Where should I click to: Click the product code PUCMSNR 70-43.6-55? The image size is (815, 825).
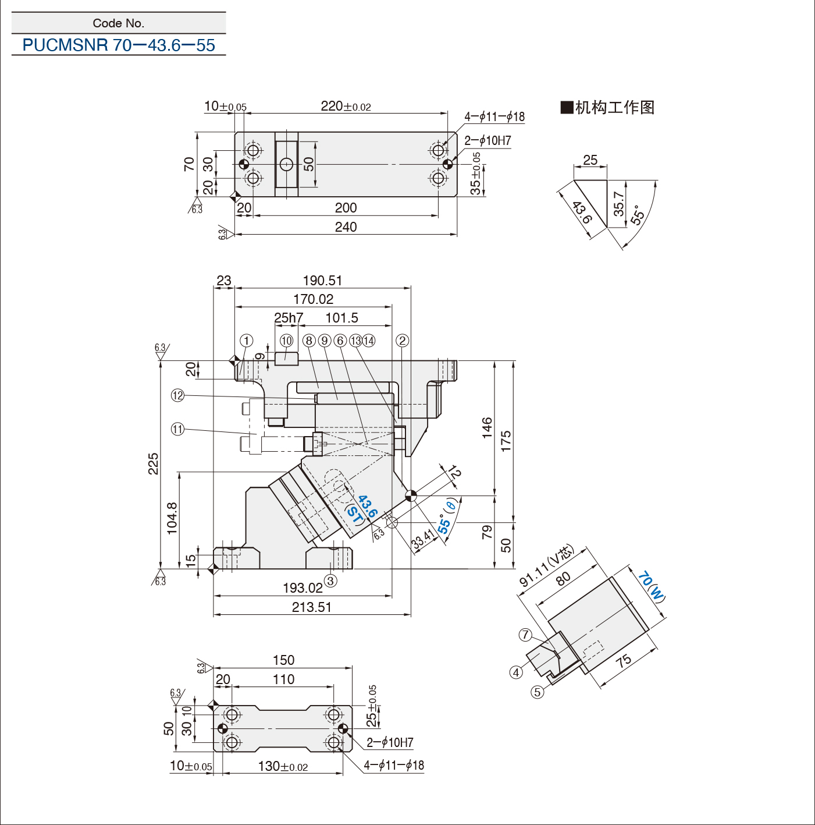pos(119,45)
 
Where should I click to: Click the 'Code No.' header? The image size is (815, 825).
pos(119,23)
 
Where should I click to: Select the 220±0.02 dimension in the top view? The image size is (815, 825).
pos(346,106)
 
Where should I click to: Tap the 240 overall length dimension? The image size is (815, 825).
pos(346,227)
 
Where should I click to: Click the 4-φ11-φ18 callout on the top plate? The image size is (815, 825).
pos(494,116)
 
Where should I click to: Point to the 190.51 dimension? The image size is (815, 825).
pos(323,281)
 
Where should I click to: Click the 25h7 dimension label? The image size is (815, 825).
pos(289,318)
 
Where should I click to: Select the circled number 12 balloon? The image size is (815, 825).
pos(177,395)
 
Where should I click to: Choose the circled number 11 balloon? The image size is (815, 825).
pos(177,429)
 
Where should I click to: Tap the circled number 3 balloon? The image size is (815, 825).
pos(330,580)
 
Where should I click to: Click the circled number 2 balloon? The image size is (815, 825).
pos(402,341)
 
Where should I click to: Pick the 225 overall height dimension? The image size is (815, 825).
pos(153,463)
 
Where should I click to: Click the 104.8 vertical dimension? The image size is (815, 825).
pos(172,518)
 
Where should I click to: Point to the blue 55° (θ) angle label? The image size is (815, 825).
pos(447,515)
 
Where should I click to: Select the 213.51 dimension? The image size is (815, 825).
pos(311,607)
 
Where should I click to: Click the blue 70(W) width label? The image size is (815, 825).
pos(652,586)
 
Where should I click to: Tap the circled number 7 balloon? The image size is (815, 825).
pos(525,635)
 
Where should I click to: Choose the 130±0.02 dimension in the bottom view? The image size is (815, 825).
pos(283,766)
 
